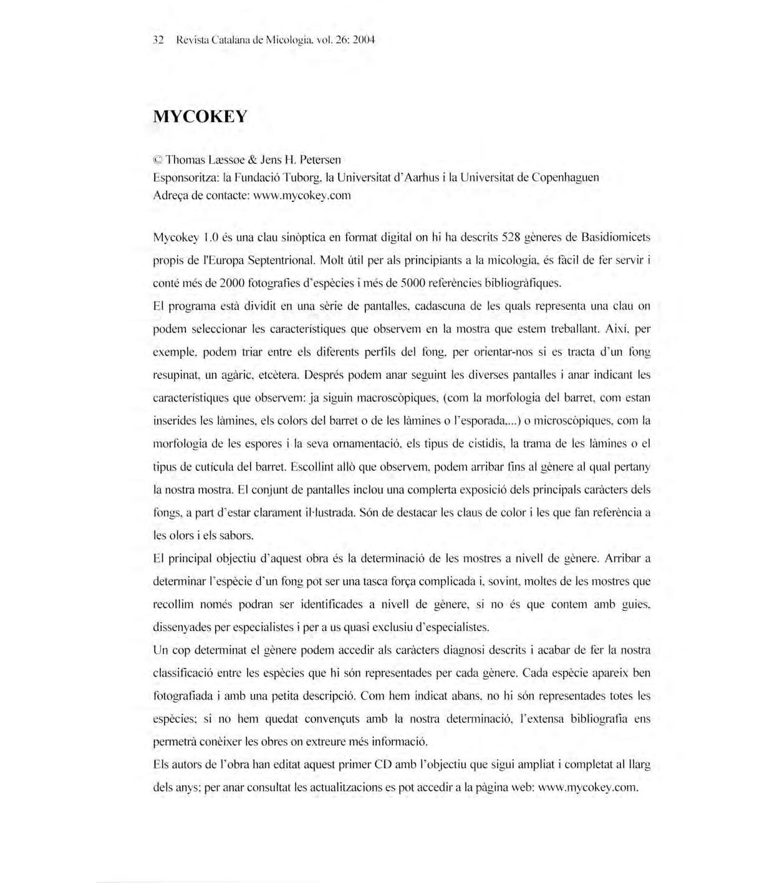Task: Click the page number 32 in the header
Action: [x=158, y=41]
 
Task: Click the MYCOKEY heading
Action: [x=200, y=117]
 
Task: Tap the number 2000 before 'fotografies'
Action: [x=231, y=284]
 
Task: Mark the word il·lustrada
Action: [x=329, y=513]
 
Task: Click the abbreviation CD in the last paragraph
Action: [x=382, y=765]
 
